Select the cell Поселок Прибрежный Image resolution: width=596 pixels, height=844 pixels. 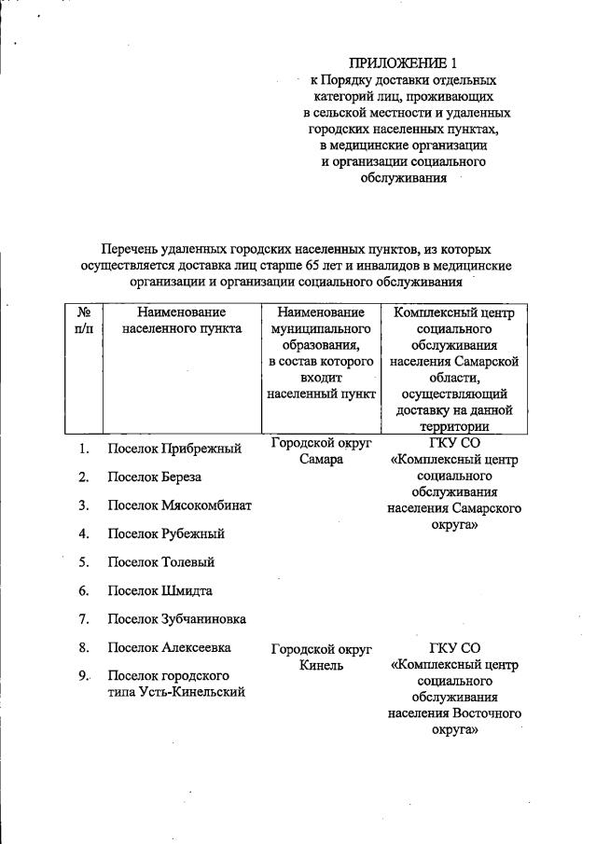[175, 449]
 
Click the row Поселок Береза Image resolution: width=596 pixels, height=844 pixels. [155, 477]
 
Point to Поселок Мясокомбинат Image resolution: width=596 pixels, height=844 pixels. [180, 505]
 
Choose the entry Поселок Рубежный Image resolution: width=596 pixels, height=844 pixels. [166, 534]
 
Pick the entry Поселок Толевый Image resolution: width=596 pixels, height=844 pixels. [161, 562]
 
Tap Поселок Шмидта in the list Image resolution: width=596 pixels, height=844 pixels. [160, 591]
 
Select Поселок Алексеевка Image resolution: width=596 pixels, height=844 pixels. [170, 647]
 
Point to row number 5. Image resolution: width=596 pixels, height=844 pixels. [83, 562]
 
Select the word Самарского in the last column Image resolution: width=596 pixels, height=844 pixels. [486, 508]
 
